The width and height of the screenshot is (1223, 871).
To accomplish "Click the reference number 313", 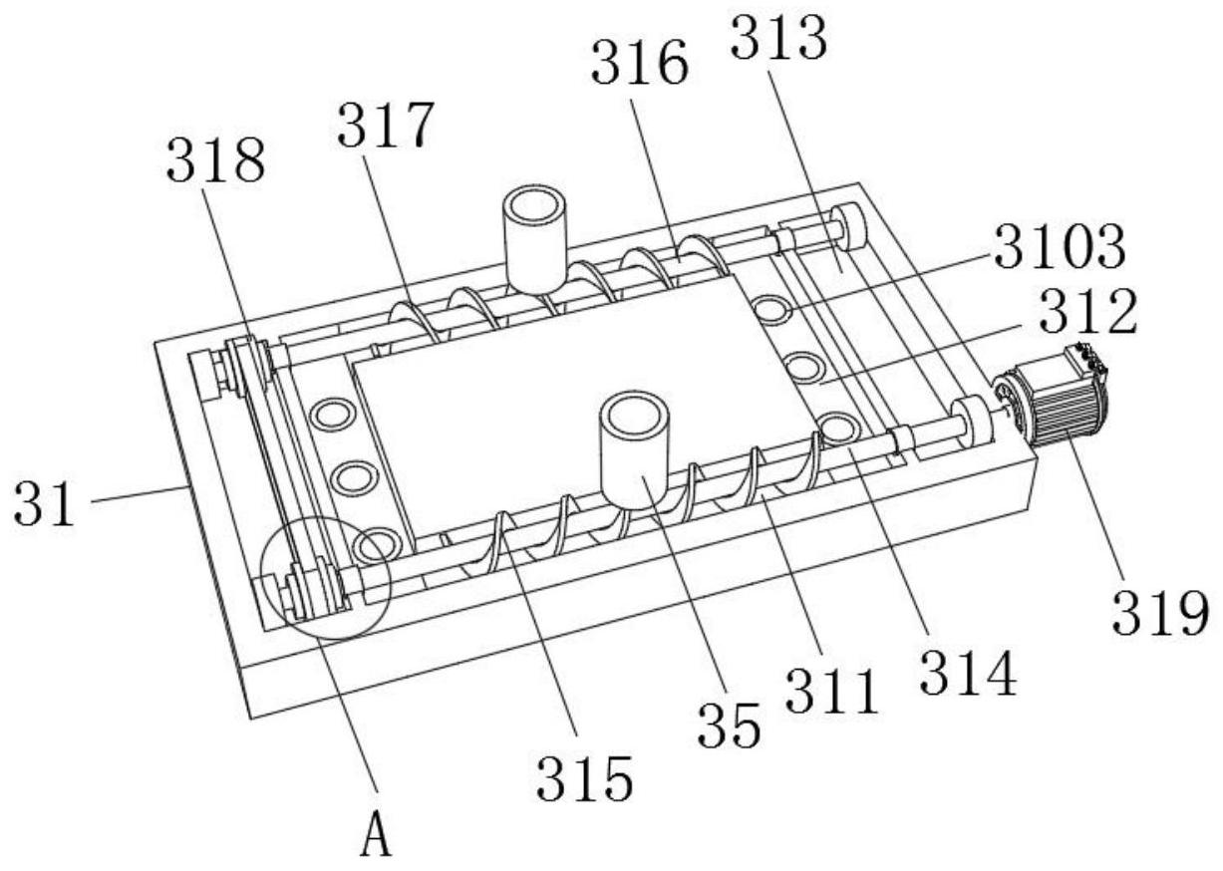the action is [x=778, y=38].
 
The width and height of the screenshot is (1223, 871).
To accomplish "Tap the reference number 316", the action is [x=639, y=64].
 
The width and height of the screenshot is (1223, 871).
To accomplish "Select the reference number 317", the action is [x=386, y=126].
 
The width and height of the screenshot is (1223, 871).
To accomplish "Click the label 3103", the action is [x=1060, y=247].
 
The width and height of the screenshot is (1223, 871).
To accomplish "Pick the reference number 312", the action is [x=1088, y=311].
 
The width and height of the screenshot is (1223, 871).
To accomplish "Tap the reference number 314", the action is [x=968, y=674].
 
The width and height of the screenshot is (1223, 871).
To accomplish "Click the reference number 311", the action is [x=831, y=692].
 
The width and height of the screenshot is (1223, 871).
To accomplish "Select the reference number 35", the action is [x=729, y=725].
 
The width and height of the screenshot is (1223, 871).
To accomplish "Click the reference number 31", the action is [x=44, y=503].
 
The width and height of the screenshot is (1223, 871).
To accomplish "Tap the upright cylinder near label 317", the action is [x=536, y=240].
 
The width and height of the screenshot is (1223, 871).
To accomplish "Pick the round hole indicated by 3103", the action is [x=772, y=309].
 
